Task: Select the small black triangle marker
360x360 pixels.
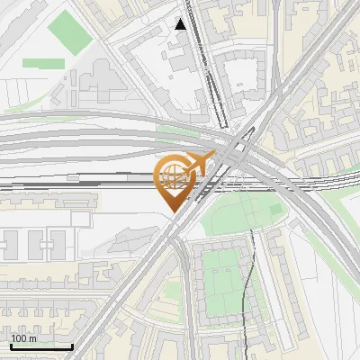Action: tap(181, 24)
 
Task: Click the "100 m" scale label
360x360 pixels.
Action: tap(24, 338)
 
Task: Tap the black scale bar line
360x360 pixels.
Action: tap(41, 346)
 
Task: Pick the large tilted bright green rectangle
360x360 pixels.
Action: tap(68, 31)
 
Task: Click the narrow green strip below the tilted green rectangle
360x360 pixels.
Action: tap(42, 64)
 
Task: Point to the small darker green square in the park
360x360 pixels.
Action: tap(275, 210)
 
